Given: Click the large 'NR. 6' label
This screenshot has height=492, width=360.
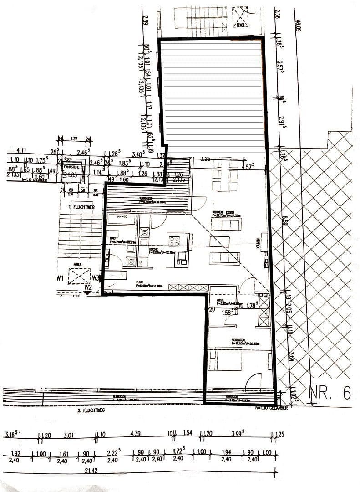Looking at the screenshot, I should tap(330, 392).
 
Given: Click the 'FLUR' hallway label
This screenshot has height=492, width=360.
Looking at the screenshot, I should tap(140, 282).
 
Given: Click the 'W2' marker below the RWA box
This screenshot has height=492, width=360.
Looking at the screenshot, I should tap(88, 287).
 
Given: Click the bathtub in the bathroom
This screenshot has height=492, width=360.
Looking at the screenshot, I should tap(122, 220).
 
